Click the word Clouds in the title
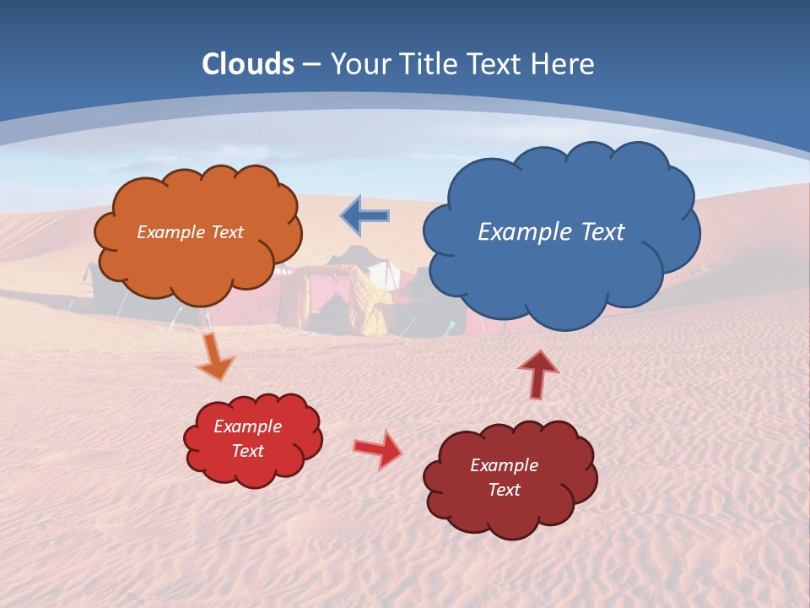248,64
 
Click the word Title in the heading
426,64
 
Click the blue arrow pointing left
366,216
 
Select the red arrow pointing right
378,448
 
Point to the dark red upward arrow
537,374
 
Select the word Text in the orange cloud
225,232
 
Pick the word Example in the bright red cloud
247,426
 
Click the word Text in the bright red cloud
247,451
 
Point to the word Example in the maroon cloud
504,465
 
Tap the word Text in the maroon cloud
504,490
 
